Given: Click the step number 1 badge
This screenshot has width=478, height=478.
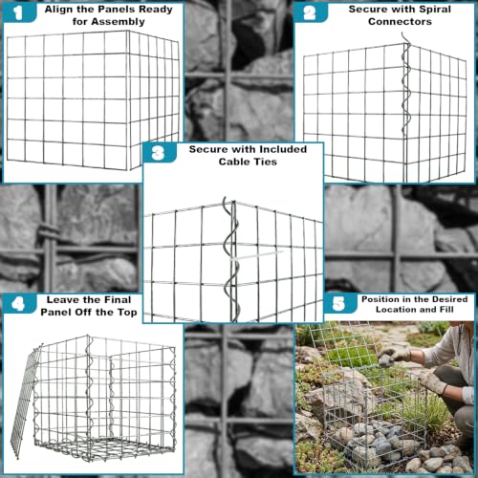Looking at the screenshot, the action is [x=19, y=12].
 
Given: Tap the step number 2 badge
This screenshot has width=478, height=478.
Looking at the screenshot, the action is [x=310, y=12].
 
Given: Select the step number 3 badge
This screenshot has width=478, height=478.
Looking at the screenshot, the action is [x=159, y=153].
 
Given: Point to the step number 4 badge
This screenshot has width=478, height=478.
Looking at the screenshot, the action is [x=19, y=304].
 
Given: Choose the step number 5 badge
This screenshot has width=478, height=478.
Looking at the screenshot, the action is [x=339, y=303].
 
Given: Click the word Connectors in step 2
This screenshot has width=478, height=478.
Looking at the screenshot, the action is [x=400, y=22].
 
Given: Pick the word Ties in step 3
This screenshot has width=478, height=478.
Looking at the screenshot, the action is [x=267, y=162].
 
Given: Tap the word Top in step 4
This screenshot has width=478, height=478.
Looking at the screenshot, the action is [x=127, y=313].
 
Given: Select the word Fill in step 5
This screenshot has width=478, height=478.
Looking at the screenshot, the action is [x=446, y=310].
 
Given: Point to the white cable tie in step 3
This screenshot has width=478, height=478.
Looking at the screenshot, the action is [x=255, y=255].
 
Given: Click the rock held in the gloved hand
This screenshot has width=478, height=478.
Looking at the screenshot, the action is [x=385, y=360].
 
